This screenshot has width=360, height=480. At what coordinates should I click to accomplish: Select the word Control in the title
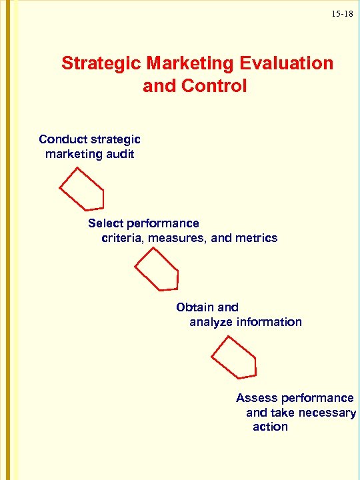tap(213, 86)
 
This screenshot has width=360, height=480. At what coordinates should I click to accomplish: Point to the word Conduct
tap(59, 139)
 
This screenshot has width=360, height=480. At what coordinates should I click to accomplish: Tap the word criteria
tap(123, 238)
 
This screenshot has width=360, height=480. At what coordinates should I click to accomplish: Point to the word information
tap(269, 322)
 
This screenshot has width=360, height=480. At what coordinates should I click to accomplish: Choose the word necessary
tap(327, 413)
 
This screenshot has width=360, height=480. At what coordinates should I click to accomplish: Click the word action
tap(270, 427)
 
